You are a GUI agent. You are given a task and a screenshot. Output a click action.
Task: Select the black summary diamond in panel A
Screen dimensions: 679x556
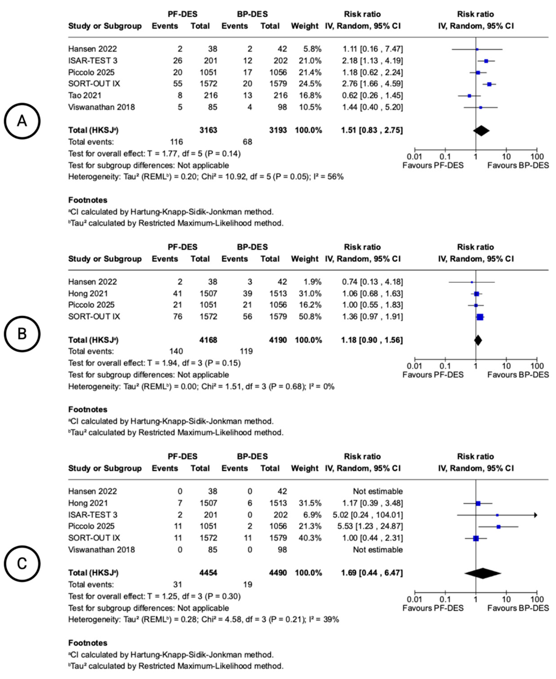481,130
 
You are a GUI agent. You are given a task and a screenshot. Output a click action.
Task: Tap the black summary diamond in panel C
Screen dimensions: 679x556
483,573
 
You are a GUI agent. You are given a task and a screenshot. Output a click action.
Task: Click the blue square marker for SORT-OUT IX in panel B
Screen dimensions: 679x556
480,317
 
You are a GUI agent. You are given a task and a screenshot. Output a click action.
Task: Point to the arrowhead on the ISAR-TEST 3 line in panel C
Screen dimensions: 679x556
535,515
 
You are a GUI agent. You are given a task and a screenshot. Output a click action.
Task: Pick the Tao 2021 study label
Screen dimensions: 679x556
84,95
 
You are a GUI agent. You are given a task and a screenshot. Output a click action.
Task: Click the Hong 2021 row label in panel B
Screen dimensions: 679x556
88,293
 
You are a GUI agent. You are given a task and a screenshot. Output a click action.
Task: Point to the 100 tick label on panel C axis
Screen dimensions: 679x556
537,599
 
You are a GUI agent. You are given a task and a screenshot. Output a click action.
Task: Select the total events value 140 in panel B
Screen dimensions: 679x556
176,351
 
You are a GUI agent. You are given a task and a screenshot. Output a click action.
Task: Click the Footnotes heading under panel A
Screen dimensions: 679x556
88,200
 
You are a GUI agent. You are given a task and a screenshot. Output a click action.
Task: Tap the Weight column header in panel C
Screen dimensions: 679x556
305,468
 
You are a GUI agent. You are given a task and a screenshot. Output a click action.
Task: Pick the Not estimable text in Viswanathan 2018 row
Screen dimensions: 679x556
378,550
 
